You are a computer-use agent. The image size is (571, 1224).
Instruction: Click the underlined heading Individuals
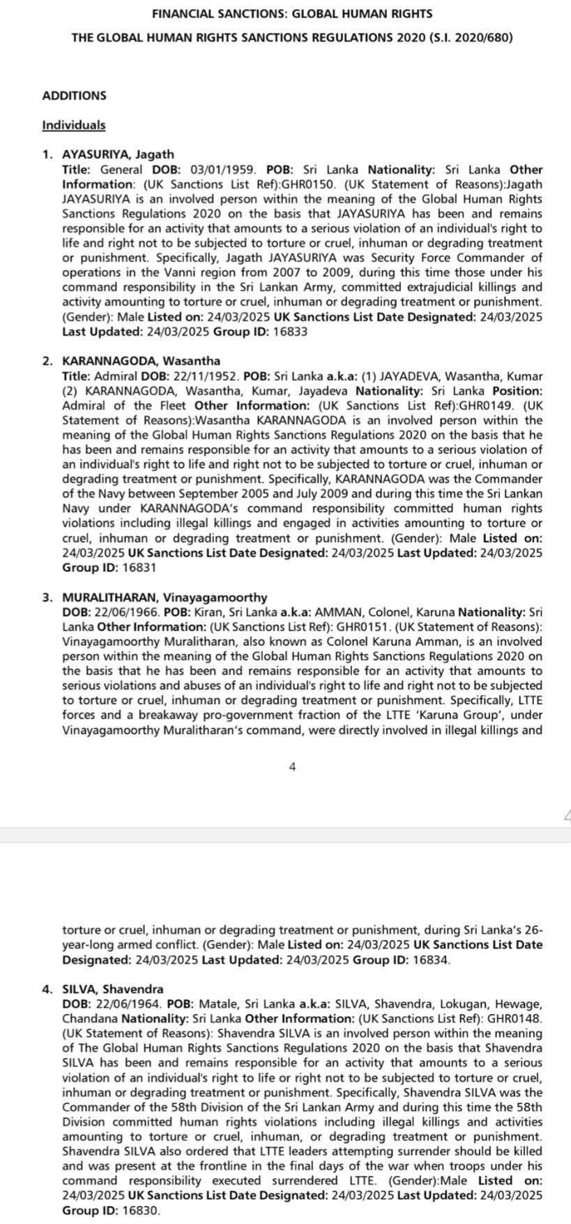pyautogui.click(x=74, y=125)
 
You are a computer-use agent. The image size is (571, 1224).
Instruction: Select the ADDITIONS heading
pyautogui.click(x=75, y=96)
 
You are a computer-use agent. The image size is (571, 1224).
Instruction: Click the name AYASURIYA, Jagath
pyautogui.click(x=118, y=154)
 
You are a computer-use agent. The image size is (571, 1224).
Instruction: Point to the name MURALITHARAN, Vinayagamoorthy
pyautogui.click(x=165, y=597)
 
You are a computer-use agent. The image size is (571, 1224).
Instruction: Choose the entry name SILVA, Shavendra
pyautogui.click(x=113, y=989)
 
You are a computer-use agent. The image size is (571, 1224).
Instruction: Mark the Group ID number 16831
pyautogui.click(x=139, y=567)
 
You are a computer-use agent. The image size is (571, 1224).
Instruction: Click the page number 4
pyautogui.click(x=292, y=767)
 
